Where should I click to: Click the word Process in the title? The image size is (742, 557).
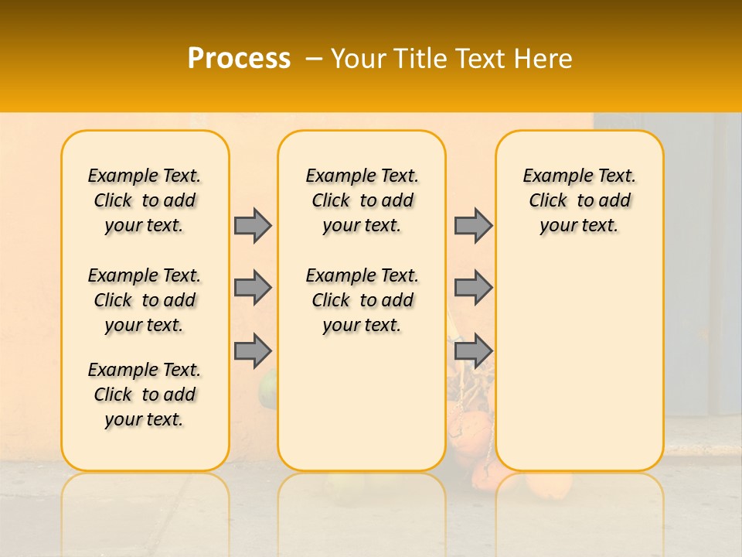pyautogui.click(x=239, y=58)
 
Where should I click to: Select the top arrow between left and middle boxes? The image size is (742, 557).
pyautogui.click(x=253, y=225)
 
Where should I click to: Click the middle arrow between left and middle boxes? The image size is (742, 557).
pyautogui.click(x=253, y=288)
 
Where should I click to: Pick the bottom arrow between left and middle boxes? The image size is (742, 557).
pyautogui.click(x=253, y=350)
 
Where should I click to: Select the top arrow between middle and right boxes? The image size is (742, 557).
pyautogui.click(x=473, y=225)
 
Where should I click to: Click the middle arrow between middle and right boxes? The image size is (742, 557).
pyautogui.click(x=473, y=288)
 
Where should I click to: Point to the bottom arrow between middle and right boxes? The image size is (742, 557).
pyautogui.click(x=473, y=350)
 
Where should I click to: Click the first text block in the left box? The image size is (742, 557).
pyautogui.click(x=145, y=200)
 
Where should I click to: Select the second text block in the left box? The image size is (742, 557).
pyautogui.click(x=145, y=300)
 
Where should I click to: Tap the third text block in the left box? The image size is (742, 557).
pyautogui.click(x=145, y=395)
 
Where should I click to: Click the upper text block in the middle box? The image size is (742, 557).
pyautogui.click(x=362, y=200)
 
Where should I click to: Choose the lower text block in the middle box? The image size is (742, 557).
pyautogui.click(x=362, y=300)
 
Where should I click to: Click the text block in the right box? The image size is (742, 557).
pyautogui.click(x=579, y=200)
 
